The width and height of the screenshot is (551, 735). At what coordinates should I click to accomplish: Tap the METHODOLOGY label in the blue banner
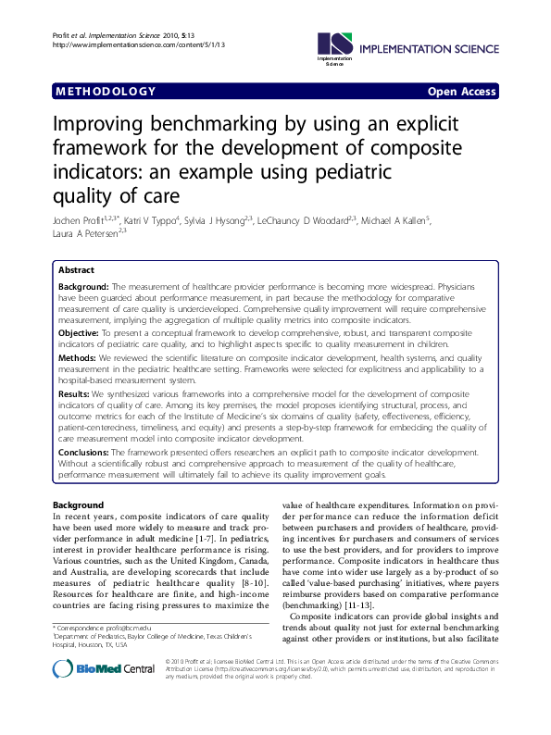106,92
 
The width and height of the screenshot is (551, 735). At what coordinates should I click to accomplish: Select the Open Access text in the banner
461,92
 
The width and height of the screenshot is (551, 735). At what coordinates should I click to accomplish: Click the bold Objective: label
83,331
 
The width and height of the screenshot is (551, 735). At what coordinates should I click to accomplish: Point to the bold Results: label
79,393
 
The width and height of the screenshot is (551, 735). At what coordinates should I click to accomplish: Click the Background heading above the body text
78,505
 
